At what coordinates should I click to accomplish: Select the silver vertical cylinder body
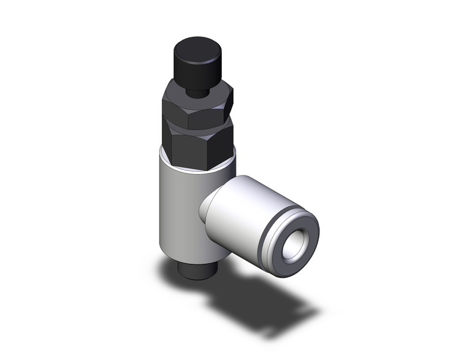pyautogui.click(x=178, y=209)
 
